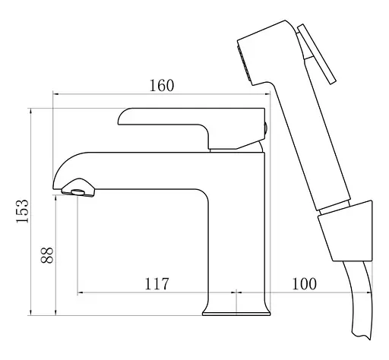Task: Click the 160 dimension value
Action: coord(162,86)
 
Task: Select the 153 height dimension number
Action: coord(22,211)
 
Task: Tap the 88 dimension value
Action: coord(47,255)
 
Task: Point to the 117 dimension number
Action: coord(157,284)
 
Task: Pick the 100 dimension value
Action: coord(304,284)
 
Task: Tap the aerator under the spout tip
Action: coord(78,192)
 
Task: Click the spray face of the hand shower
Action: coord(244,63)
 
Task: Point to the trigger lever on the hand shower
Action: coord(317,54)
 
